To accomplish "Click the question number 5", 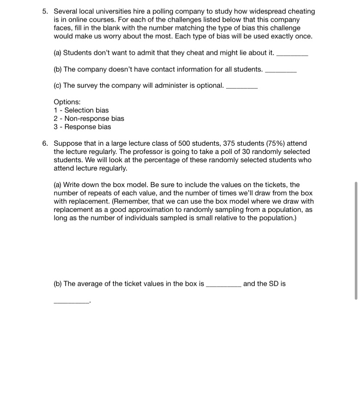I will tap(45, 12).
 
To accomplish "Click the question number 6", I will tap(45, 144).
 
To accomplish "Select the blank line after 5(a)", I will tap(292, 55).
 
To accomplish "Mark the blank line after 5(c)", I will tap(242, 88).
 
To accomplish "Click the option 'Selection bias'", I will tap(87, 110).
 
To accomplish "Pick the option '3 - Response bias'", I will tap(82, 127).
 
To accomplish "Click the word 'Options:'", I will tap(67, 102).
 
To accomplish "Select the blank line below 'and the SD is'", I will tap(71, 302).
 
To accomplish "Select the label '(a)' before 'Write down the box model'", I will tap(57, 185).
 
